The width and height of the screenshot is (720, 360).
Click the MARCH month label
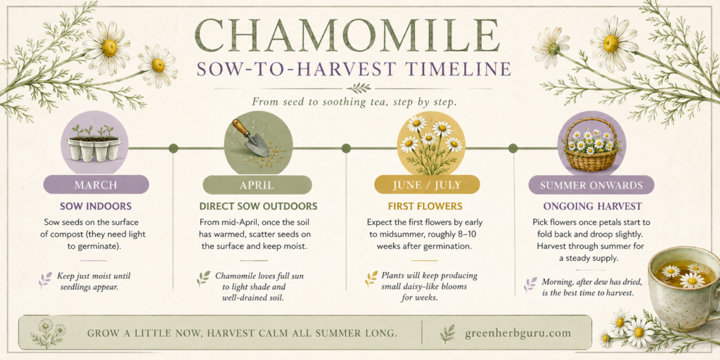96,185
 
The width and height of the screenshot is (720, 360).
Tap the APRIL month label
257,186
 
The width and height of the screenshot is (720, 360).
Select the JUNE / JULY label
427,185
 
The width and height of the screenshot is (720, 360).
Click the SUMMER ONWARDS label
591,186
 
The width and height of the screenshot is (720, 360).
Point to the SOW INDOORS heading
96,206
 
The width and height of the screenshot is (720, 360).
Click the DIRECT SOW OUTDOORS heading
258,206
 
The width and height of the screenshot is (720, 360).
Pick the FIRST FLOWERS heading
427,206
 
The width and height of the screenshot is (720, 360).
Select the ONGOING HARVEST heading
592,206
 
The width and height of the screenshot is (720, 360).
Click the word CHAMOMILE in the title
347,35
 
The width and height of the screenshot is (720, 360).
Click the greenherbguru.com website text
518,333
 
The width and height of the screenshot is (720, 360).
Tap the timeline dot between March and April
173,148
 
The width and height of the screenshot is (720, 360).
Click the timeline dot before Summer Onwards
513,148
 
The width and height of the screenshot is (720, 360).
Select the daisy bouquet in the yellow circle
430,145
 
